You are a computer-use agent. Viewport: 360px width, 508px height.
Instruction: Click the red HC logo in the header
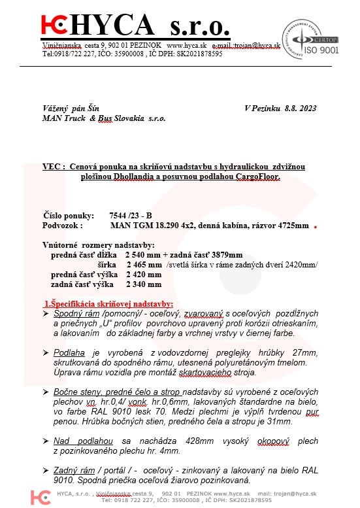[x=54, y=26]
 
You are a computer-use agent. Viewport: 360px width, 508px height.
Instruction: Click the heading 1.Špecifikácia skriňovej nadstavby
[x=108, y=304]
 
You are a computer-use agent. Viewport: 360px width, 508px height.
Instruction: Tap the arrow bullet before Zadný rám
[x=45, y=469]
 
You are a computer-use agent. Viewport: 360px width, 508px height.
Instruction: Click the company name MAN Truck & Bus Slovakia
[x=103, y=118]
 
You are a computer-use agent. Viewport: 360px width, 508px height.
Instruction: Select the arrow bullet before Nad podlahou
[x=45, y=440]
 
